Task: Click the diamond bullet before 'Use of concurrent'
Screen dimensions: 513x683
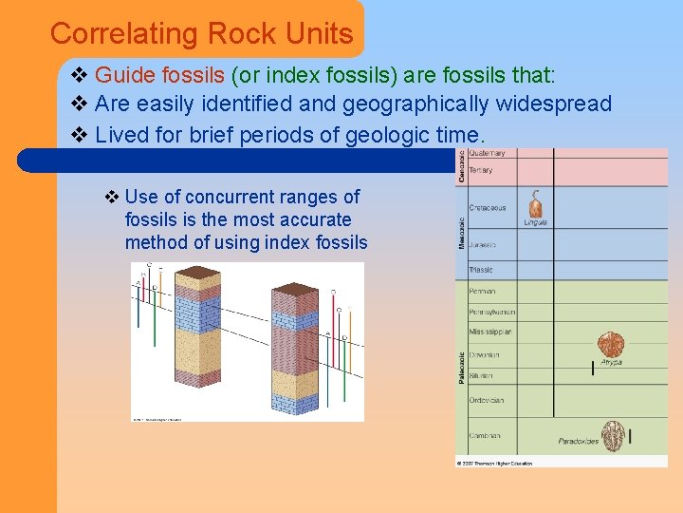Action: pos(112,197)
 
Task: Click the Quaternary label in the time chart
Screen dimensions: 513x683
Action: pos(487,154)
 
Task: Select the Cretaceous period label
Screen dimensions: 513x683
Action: pos(488,207)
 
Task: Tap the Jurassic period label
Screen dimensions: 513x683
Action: pos(483,244)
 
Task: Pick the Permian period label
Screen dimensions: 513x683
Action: pos(482,291)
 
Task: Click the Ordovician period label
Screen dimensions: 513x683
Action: pos(486,400)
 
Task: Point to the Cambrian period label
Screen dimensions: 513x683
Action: pos(484,436)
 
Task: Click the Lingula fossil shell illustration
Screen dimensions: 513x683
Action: pos(536,203)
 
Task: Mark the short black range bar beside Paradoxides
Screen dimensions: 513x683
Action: pos(629,436)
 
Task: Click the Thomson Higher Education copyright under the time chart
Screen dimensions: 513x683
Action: pos(494,464)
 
